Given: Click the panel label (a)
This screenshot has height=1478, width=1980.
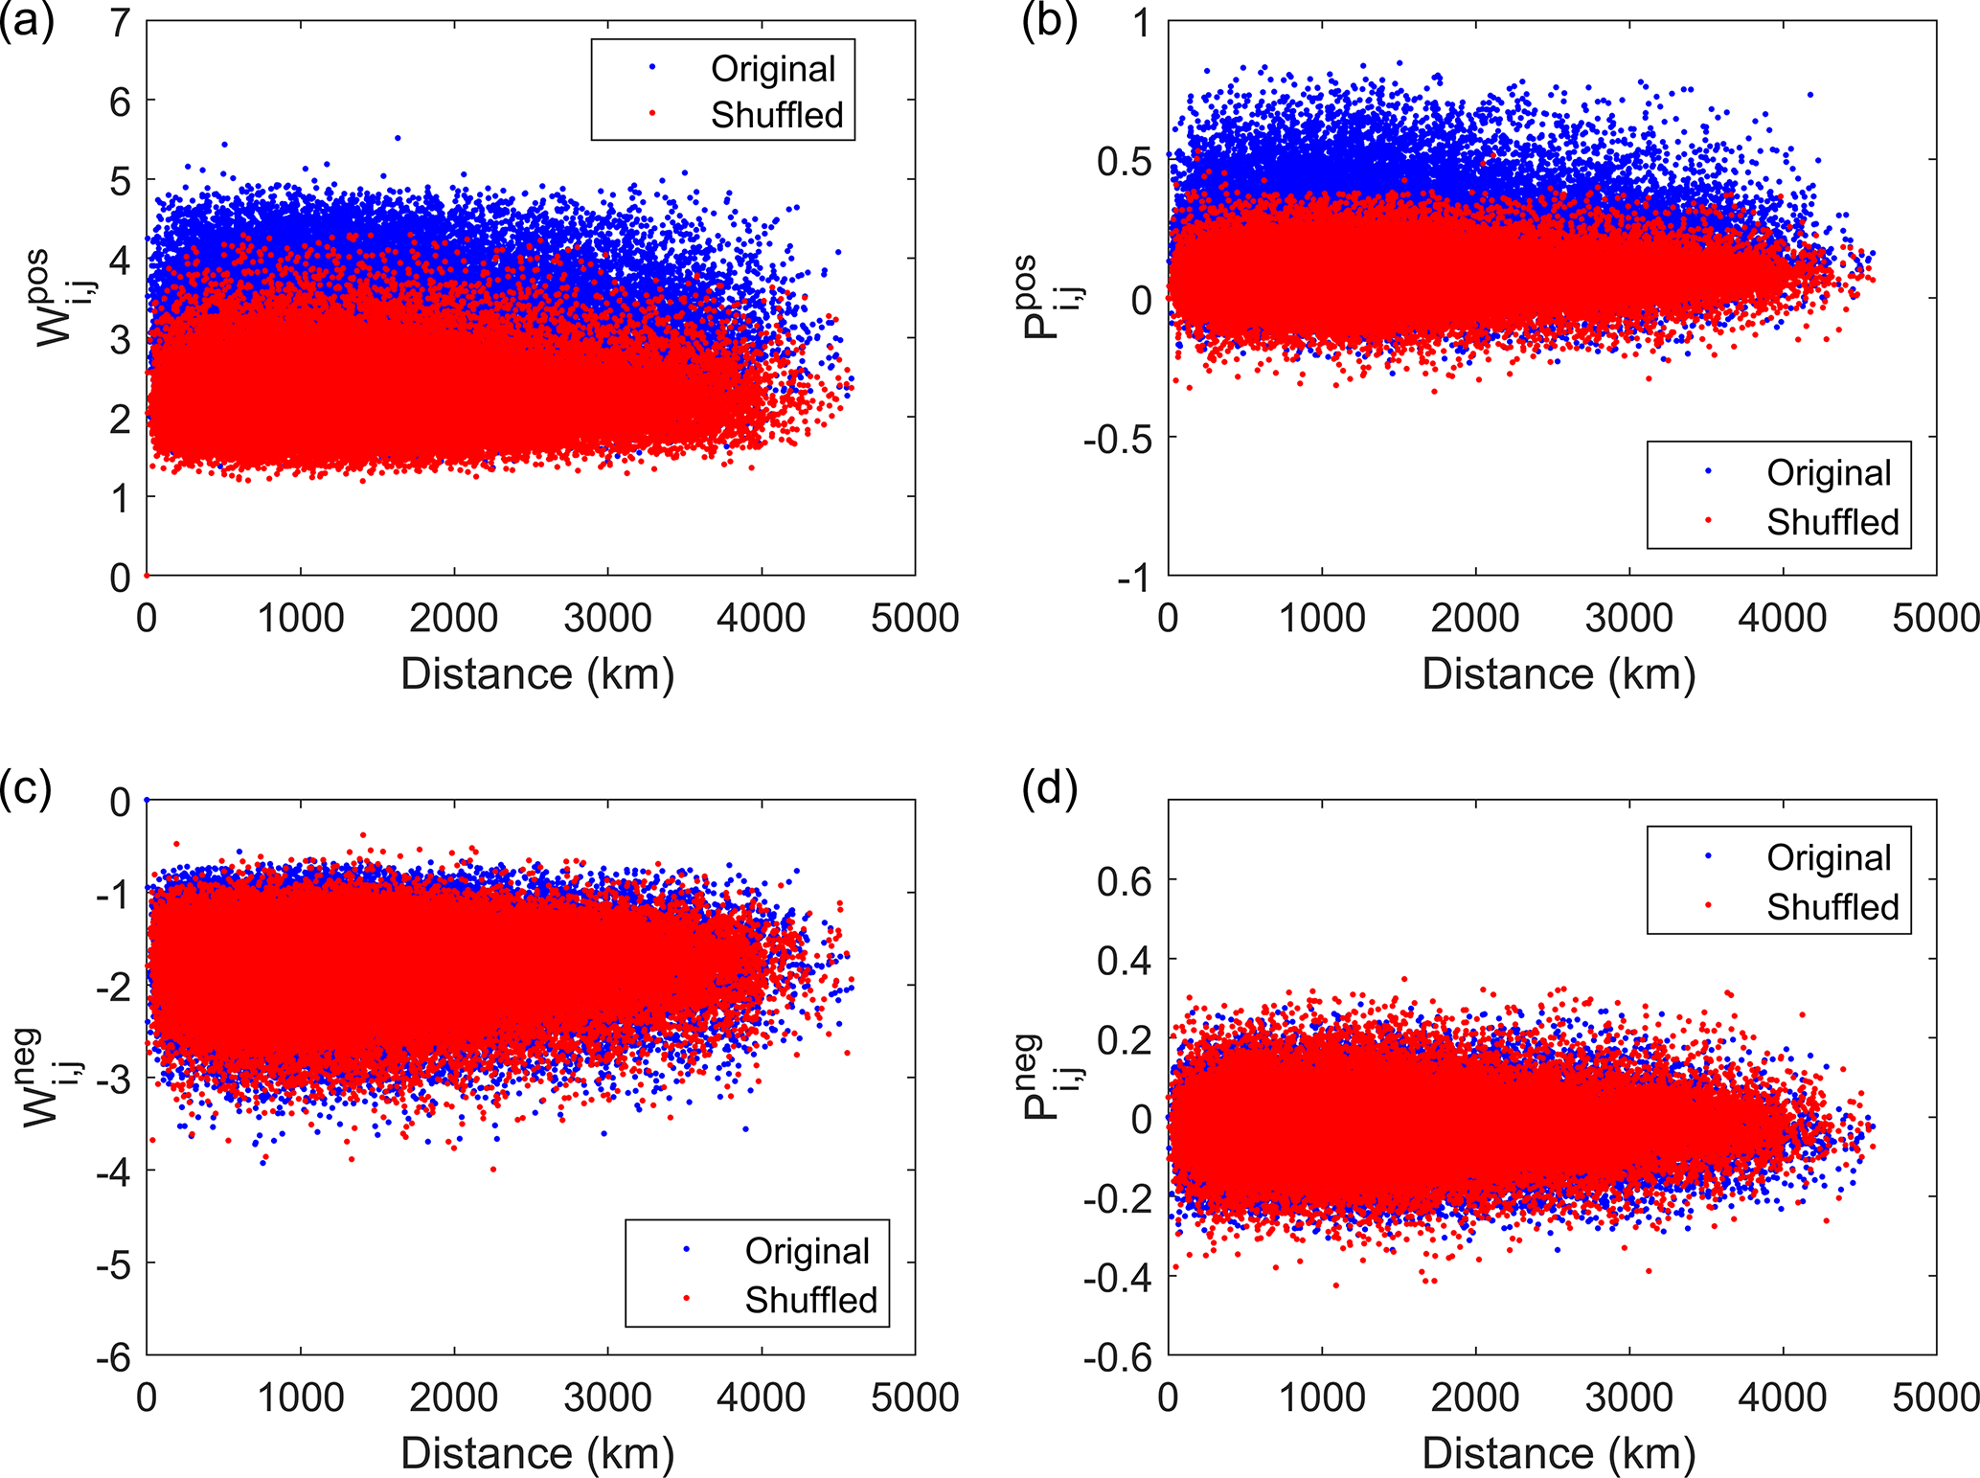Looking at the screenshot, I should [27, 21].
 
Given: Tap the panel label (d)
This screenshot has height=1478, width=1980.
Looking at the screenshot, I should [1050, 788].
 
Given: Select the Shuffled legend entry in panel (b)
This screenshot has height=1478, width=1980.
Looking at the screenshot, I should [1832, 522].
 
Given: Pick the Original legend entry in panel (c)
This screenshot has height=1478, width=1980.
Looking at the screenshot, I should [808, 1251].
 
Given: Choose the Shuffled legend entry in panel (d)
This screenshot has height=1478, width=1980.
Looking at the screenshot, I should [1832, 906].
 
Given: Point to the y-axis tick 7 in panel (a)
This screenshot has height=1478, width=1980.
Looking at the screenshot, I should [120, 22].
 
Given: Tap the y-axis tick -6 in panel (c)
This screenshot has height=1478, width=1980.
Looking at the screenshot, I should [113, 1357].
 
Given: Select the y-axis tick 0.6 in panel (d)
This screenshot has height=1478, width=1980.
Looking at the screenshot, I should [1125, 880].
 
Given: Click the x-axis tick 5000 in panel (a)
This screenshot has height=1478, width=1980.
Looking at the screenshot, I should [915, 618].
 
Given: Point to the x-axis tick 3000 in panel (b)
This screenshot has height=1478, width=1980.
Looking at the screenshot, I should [1628, 618].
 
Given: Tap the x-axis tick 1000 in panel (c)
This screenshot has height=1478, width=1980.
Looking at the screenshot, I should [301, 1398].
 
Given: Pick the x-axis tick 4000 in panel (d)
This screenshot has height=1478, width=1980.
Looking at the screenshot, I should [1782, 1398].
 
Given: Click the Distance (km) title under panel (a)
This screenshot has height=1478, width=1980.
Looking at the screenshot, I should [537, 674].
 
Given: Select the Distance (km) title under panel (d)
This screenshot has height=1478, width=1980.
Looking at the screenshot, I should [1559, 1453].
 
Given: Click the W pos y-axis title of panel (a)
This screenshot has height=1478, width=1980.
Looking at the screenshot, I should [63, 299].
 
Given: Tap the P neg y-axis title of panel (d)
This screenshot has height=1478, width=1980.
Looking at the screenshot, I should [1052, 1078].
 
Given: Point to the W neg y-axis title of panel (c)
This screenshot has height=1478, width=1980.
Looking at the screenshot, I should [52, 1078].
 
